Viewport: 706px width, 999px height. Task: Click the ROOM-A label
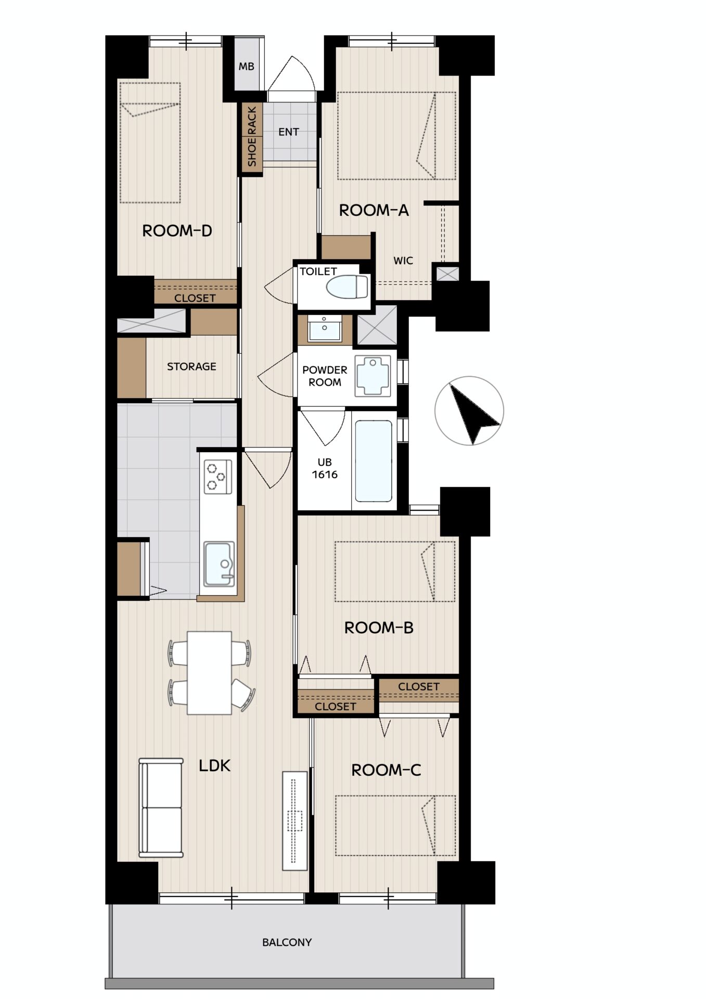pos(374,210)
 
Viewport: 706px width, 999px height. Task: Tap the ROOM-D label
pos(177,230)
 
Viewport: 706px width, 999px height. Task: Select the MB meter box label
pos(247,67)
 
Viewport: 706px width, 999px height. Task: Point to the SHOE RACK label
pos(252,136)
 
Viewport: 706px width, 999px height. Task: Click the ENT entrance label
pos(289,132)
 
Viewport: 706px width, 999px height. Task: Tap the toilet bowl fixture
pos(346,287)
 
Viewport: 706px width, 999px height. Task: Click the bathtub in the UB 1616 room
pos(374,461)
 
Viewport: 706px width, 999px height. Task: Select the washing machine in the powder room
pos(373,375)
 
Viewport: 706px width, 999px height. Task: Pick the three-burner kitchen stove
pos(216,477)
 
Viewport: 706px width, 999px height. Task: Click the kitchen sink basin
pos(219,564)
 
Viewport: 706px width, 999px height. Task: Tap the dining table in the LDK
pos(209,673)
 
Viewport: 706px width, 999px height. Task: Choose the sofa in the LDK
pos(161,808)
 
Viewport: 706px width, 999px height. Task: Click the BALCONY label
pos(287,942)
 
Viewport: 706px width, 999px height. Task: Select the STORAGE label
pos(191,366)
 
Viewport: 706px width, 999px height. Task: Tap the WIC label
pos(403,261)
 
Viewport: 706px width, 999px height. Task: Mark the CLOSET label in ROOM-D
pos(195,298)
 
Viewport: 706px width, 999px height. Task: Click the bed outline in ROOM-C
pos(395,825)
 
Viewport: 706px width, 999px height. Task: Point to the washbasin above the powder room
pos(324,328)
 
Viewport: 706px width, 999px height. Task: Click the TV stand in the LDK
pos(295,820)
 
